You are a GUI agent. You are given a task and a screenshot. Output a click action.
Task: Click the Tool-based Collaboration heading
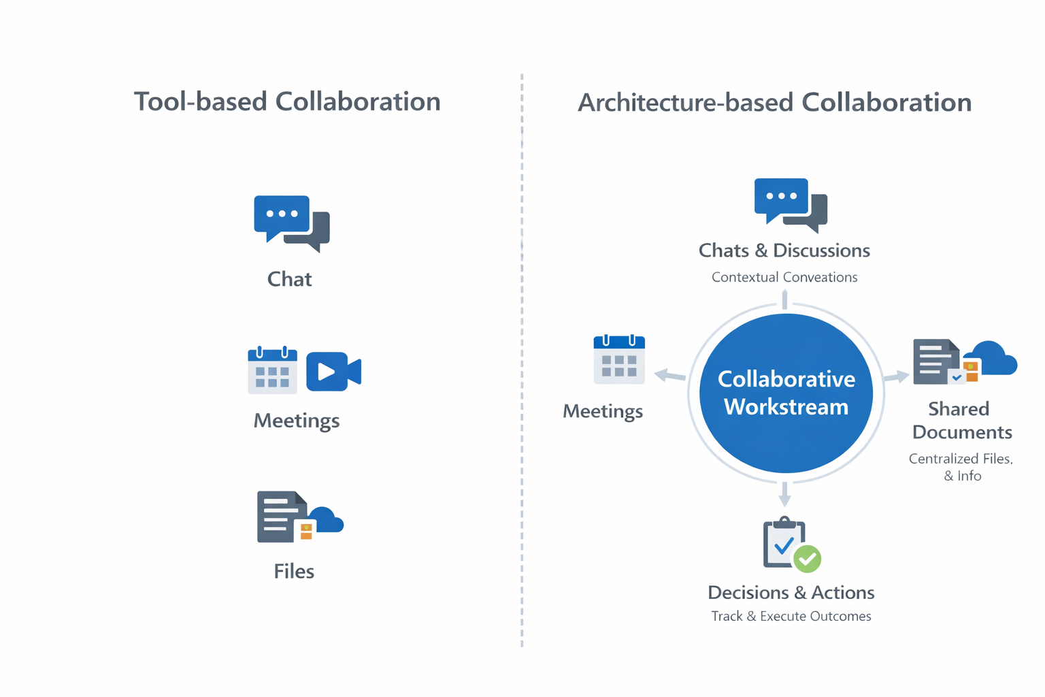click(287, 102)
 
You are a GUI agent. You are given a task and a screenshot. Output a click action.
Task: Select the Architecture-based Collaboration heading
click(774, 103)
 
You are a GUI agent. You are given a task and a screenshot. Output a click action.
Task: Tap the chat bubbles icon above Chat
click(291, 223)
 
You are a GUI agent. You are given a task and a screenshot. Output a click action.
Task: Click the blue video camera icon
click(333, 372)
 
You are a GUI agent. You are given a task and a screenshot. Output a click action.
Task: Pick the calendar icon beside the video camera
click(272, 370)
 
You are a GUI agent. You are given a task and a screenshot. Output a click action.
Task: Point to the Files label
click(294, 571)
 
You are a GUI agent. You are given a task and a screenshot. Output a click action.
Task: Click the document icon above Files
click(280, 517)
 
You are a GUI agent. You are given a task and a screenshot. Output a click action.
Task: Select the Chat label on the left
click(289, 279)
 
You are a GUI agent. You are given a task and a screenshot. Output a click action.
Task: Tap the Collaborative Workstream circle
click(786, 393)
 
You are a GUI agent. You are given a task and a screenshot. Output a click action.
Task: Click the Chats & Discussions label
click(784, 250)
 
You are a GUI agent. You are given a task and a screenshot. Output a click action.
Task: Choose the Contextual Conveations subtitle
click(784, 277)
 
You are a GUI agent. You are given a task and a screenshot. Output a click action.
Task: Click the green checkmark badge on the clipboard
click(808, 559)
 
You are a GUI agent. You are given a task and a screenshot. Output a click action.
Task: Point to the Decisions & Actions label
click(791, 592)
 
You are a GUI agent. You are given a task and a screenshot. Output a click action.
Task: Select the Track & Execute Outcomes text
click(791, 616)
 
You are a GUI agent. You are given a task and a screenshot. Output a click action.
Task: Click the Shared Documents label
click(961, 421)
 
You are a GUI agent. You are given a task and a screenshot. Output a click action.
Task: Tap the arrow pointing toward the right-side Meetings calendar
click(669, 375)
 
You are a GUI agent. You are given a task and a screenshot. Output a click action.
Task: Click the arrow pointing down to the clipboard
click(784, 494)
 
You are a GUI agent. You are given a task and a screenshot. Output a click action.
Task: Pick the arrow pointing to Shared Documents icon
click(896, 376)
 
